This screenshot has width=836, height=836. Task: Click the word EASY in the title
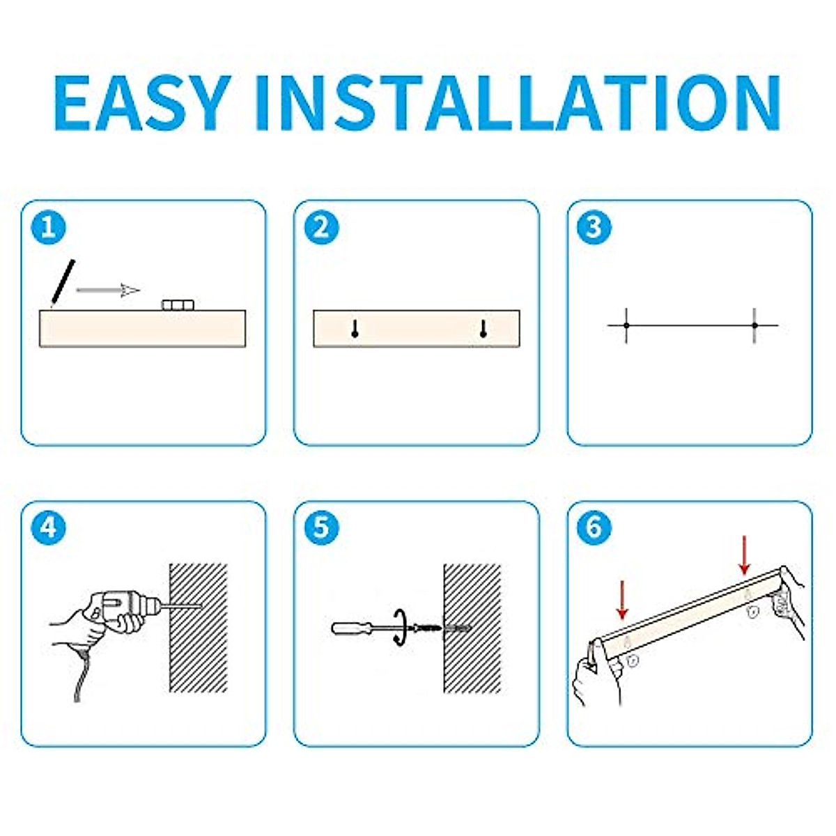coord(143,102)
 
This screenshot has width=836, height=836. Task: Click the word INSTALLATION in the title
coord(517,102)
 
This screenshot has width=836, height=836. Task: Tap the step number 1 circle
coord(49,227)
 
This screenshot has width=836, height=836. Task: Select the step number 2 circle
coord(321,227)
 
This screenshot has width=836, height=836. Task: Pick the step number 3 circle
coord(594,227)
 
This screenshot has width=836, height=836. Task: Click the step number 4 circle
coord(49,527)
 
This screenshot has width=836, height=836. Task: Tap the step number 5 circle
coord(321,527)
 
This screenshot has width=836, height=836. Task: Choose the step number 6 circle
coord(594,527)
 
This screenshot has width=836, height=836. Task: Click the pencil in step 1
coord(63,283)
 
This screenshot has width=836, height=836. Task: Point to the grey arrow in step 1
coord(109,290)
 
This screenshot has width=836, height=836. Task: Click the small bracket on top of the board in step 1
coord(178,304)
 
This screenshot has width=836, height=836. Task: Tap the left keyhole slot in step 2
coord(355,329)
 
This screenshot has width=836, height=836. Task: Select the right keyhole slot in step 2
coord(483,329)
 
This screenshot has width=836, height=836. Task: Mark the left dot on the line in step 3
coord(626,325)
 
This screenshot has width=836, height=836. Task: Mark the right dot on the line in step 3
coord(754,325)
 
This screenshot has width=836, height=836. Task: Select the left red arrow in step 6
coord(622,598)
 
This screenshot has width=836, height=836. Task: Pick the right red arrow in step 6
coord(744,555)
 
